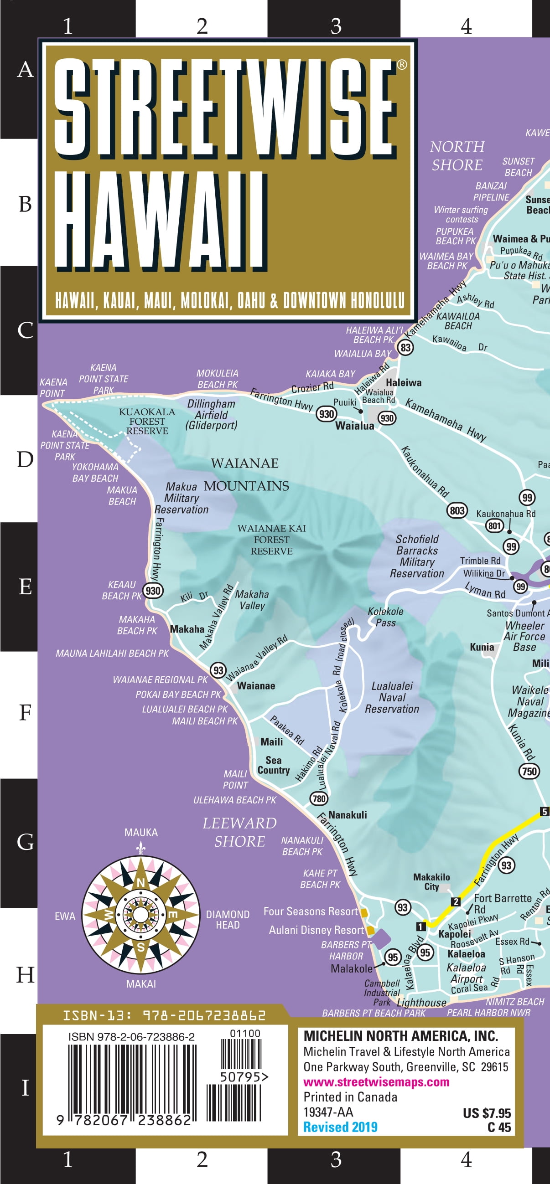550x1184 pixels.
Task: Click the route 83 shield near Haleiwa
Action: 405,347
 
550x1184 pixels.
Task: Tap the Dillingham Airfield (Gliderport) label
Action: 211,415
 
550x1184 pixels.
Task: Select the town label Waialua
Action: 354,426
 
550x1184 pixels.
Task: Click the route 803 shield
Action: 457,510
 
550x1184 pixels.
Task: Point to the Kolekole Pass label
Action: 385,617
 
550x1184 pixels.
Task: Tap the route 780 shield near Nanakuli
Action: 319,798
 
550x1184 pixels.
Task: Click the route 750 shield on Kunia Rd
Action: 529,771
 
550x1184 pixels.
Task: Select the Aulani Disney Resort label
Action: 317,930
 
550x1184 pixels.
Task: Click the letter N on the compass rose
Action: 141,882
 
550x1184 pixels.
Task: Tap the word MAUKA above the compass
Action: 141,832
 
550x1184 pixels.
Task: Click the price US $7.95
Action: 487,1113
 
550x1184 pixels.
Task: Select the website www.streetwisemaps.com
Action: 376,1082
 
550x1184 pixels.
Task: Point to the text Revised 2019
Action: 340,1127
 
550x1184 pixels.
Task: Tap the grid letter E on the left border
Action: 25,587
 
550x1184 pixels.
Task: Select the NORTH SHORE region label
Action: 457,155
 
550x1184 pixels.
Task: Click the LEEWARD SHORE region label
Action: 239,832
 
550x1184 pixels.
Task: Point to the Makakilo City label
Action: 431,881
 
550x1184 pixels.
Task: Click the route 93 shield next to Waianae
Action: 218,670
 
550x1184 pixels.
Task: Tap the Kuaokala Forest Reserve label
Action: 147,421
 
